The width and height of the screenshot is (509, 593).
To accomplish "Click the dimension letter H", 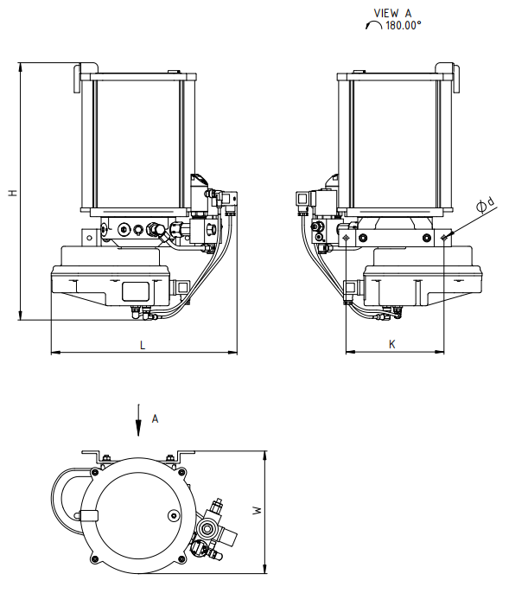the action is coord(13,193).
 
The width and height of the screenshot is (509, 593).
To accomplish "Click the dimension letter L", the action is coord(143,345).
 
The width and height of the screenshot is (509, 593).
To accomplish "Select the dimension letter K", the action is coord(392,344).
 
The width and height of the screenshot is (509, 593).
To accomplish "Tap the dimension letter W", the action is coord(258,510).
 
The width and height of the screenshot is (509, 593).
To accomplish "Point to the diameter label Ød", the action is coord(486,205).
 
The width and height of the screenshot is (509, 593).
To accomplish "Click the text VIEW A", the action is coord(392,13).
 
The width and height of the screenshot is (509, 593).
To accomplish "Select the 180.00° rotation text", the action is coord(403,25).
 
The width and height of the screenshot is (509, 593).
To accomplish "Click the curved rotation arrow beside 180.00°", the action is coord(373,25).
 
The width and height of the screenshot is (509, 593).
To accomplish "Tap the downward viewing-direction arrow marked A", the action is coord(139,420).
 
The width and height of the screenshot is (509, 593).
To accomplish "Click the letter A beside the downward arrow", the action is coord(155,418).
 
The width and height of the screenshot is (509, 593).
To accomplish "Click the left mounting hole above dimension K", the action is coord(346,238).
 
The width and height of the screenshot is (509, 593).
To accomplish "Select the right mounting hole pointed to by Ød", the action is coord(444,238).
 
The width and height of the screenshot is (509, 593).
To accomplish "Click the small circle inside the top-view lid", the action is coord(174,515).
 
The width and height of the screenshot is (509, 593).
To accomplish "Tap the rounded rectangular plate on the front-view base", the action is coord(137,291).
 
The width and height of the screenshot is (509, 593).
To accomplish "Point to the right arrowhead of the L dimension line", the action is coord(232,353).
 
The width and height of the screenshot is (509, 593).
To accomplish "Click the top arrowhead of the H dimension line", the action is coord(21,67).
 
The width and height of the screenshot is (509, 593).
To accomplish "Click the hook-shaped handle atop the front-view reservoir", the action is coord(85,76).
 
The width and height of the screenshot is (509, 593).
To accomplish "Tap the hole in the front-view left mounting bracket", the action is coord(89,238).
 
